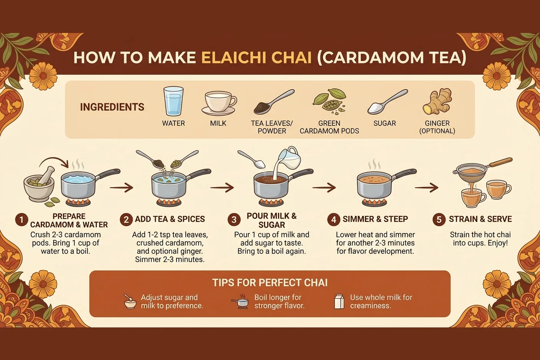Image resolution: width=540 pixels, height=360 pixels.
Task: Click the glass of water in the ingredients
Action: [173, 101]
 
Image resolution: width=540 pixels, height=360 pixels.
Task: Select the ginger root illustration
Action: [437, 102]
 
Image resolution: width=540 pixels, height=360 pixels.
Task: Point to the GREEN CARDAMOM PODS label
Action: [329, 127]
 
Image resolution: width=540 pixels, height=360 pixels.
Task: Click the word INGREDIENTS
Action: [112, 107]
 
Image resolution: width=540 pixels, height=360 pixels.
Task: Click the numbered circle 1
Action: [21, 220]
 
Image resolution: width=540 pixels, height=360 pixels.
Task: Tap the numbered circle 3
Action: [234, 220]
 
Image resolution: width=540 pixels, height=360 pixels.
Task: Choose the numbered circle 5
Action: [439, 220]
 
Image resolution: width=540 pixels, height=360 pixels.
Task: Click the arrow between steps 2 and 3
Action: [222, 187]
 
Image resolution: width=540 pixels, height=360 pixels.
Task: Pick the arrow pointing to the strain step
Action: [426, 187]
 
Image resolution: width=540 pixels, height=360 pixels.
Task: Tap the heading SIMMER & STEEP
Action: [375, 219]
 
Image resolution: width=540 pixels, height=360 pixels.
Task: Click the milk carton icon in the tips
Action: [339, 301]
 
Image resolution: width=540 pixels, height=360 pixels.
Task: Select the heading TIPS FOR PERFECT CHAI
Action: [270, 283]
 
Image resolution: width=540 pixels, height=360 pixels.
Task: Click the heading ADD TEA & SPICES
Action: [170, 219]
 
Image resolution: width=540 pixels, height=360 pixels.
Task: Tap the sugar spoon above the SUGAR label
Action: [387, 102]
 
